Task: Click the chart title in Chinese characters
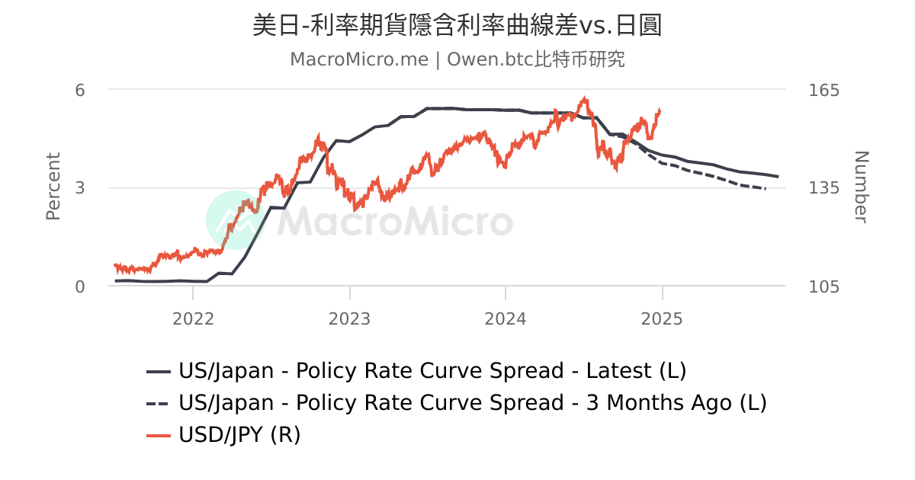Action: point(457,25)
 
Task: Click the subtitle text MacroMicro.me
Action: point(358,59)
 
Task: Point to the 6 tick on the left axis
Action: point(79,90)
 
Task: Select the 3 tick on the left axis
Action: point(79,188)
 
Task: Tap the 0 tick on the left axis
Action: point(79,286)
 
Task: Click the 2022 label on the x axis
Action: point(194,318)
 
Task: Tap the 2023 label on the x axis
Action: point(350,318)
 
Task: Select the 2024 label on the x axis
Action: point(506,318)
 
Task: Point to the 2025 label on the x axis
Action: point(662,318)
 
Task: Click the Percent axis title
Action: point(53,187)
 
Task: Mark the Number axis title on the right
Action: point(860,187)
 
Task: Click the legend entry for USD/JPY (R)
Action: point(239,435)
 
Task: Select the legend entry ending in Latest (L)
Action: point(432,371)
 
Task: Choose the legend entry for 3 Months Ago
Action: point(472,403)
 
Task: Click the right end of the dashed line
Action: point(766,188)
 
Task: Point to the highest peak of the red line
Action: point(585,98)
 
